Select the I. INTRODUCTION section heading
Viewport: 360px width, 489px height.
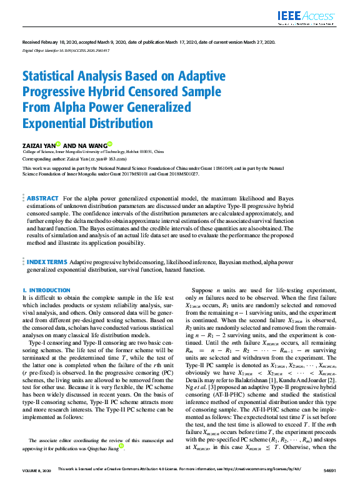pos(46,290)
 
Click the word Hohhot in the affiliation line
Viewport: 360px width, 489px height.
pos(131,151)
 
